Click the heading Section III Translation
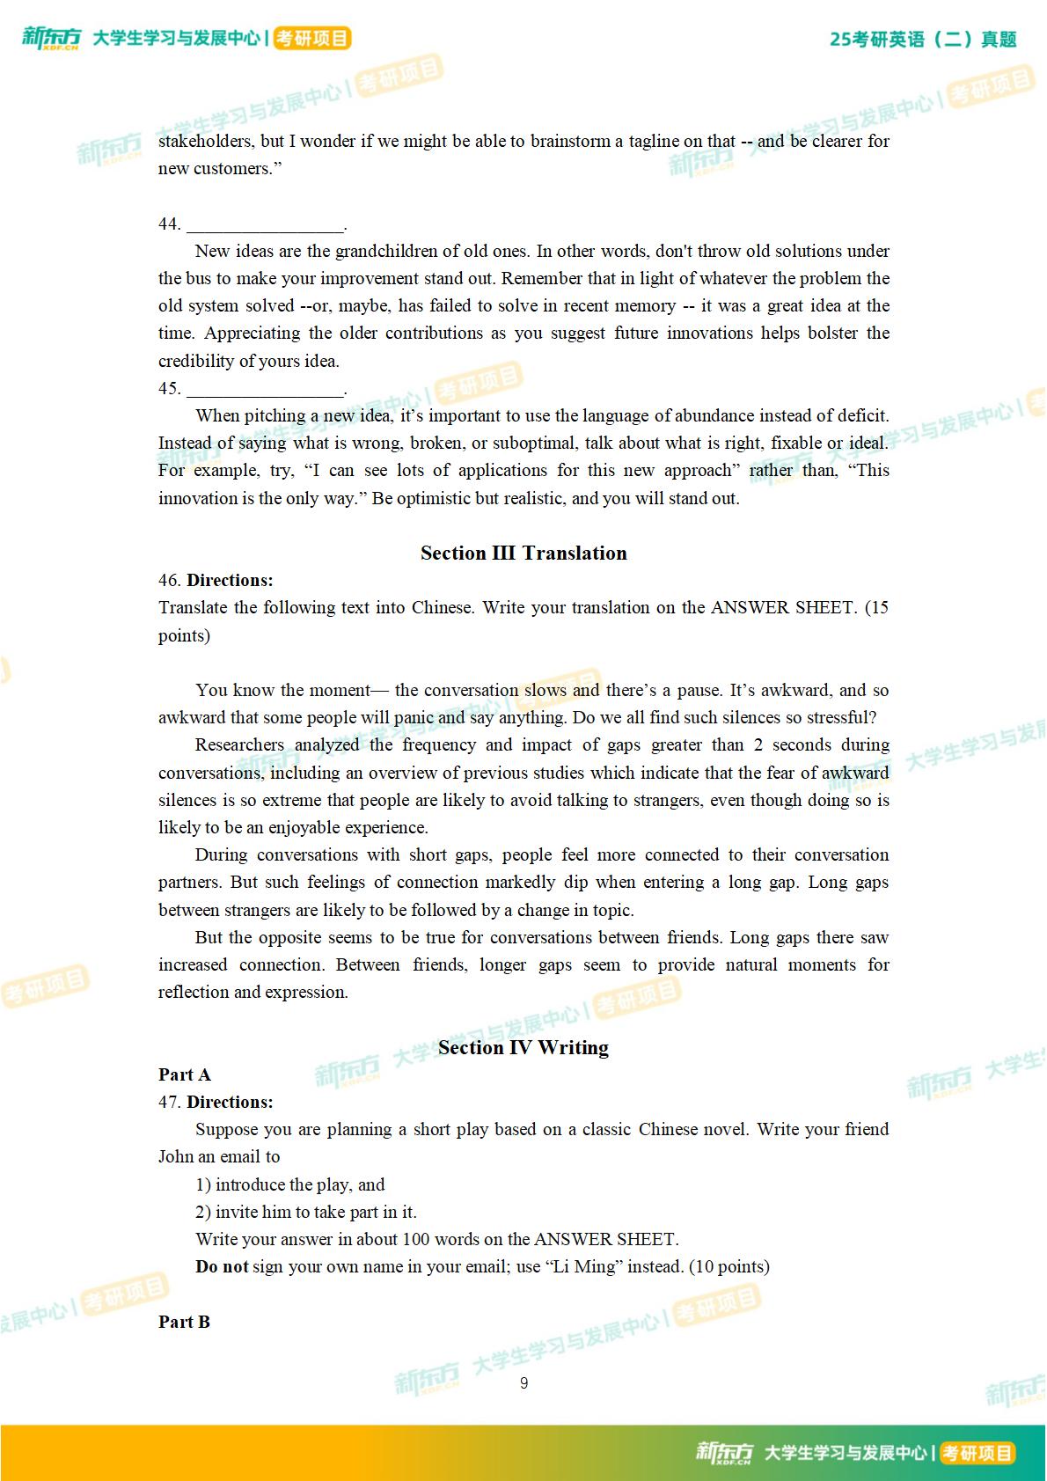click(x=523, y=554)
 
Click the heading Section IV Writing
click(x=523, y=1048)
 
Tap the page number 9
click(x=524, y=1383)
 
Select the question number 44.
click(x=169, y=224)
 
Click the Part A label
click(x=185, y=1075)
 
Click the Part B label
click(x=185, y=1323)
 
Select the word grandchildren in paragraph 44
click(x=386, y=252)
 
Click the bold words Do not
click(x=222, y=1267)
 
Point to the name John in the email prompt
click(x=176, y=1157)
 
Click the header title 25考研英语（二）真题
click(x=923, y=40)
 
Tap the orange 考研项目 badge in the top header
click(x=312, y=39)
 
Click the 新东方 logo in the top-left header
click(x=51, y=38)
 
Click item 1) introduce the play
click(x=290, y=1185)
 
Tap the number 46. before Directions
click(x=170, y=581)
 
